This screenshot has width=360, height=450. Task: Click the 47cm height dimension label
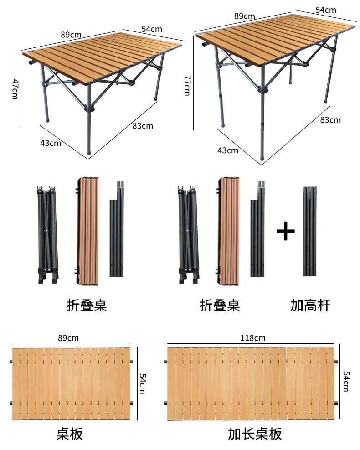(15, 90)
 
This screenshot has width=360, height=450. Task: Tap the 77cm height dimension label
(186, 86)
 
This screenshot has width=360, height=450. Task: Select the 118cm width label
(253, 338)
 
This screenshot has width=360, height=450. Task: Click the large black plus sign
(286, 232)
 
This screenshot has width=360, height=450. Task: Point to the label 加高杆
(310, 305)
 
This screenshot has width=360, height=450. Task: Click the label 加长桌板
(255, 434)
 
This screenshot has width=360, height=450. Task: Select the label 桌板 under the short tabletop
(70, 434)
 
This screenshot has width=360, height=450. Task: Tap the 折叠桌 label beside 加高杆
(220, 305)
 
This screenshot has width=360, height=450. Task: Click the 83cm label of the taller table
(330, 120)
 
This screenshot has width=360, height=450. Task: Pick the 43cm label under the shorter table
(51, 143)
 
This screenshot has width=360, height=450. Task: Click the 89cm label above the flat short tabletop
(68, 338)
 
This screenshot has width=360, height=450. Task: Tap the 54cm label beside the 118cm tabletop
(346, 381)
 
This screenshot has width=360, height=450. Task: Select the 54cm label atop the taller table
(326, 10)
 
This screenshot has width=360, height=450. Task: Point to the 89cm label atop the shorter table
(71, 34)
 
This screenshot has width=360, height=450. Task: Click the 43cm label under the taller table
(227, 150)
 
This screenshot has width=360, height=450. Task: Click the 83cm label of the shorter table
(143, 126)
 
